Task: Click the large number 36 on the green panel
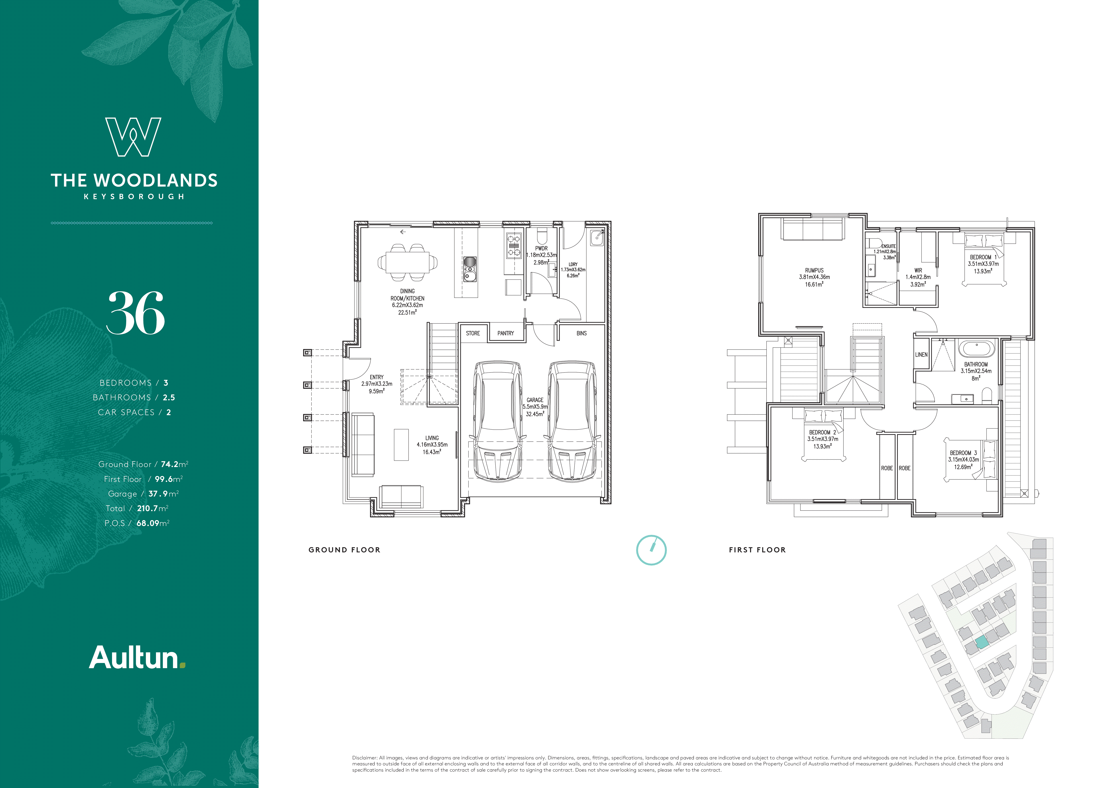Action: click(x=136, y=313)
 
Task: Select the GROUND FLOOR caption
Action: click(x=344, y=550)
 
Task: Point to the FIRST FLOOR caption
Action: click(x=757, y=550)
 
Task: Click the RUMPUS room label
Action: click(x=814, y=270)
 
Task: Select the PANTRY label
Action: click(x=506, y=333)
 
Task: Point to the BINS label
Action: click(x=581, y=333)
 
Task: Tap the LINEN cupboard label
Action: click(x=921, y=355)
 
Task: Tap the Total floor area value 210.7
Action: click(x=147, y=508)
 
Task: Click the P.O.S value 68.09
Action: click(x=148, y=523)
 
